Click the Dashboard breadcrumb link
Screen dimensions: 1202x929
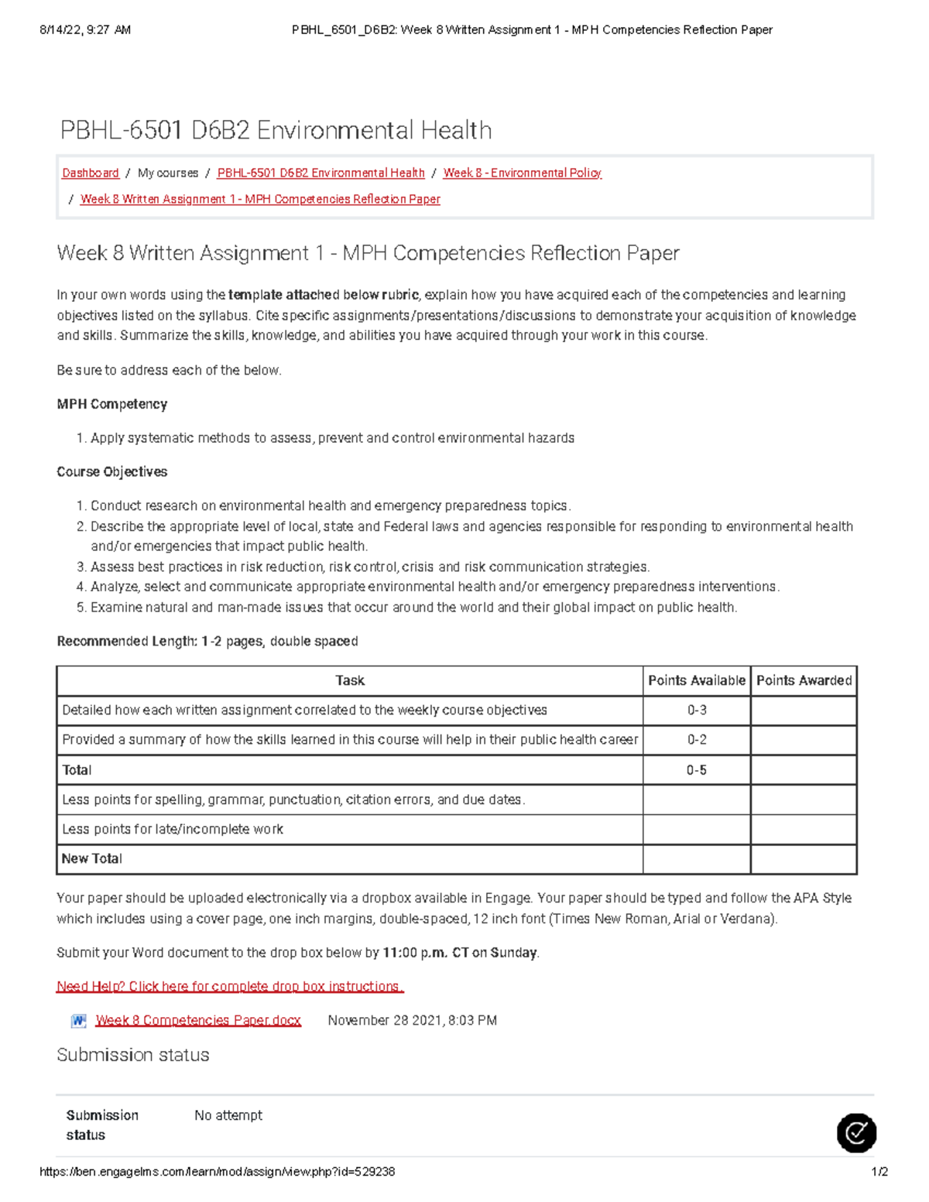coord(91,173)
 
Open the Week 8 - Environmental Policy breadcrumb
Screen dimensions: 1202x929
coord(522,173)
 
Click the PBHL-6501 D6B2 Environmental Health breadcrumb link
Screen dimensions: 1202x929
coord(321,173)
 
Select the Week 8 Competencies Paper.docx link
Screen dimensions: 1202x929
coord(198,1020)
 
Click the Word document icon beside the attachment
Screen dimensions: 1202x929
coord(78,1021)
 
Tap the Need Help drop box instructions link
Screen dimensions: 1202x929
coord(230,986)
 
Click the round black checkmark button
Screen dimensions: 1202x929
coord(856,1133)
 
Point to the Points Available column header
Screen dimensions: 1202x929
coord(696,680)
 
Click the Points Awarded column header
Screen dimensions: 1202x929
coord(804,680)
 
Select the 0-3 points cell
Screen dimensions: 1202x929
coord(697,710)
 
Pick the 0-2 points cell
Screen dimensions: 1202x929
coord(697,739)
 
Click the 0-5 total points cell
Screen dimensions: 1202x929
coord(697,770)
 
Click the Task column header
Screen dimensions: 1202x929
coord(349,680)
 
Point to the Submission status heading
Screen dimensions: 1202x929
coord(133,1055)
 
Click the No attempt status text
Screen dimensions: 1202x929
coord(228,1115)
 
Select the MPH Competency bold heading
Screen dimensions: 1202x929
coord(112,404)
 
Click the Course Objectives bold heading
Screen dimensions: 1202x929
coord(112,471)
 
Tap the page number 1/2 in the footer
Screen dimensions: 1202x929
coord(879,1172)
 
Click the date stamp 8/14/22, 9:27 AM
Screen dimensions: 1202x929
coord(85,30)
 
